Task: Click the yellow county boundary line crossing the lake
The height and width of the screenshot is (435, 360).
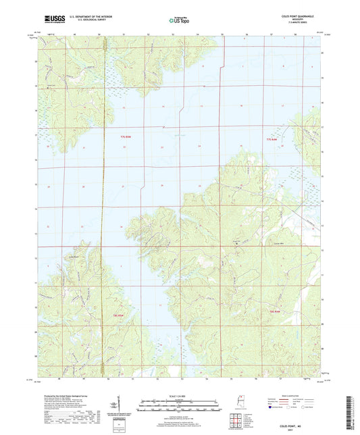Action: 101,203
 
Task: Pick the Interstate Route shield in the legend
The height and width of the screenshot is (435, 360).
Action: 274,416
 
